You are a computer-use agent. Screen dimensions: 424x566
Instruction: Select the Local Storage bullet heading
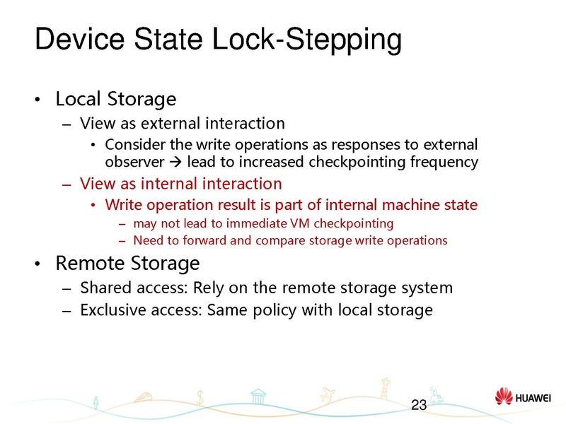coord(115,98)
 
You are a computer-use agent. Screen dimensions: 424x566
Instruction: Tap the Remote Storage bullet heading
coord(127,264)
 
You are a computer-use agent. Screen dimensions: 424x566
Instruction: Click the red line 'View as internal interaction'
coord(181,184)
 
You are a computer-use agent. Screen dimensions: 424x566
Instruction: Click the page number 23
coord(419,405)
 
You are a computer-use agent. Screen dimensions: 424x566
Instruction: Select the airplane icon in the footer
coord(327,392)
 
